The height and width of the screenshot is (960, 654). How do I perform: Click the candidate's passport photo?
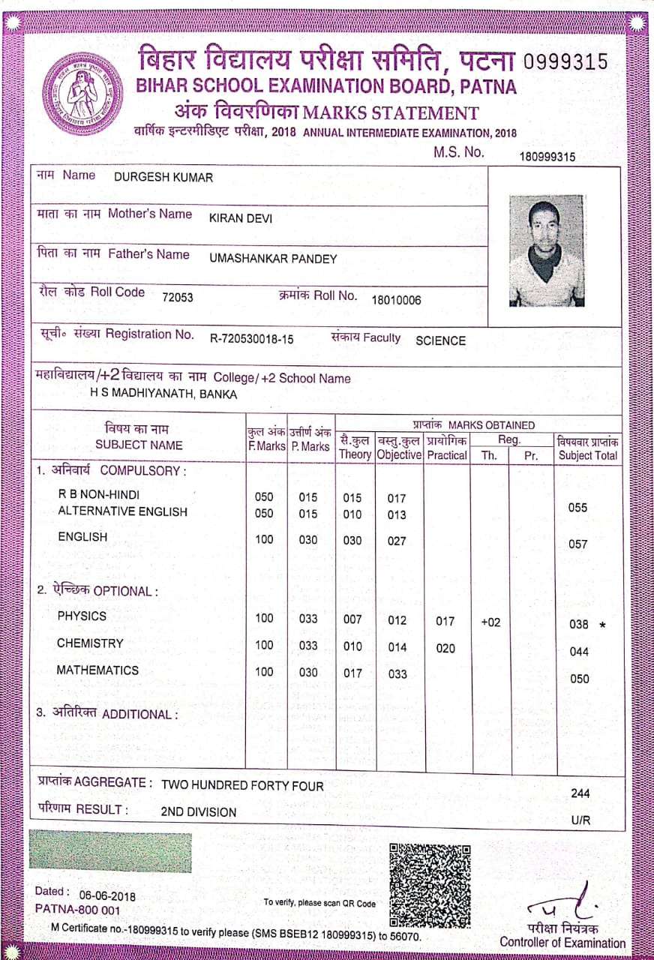pyautogui.click(x=546, y=250)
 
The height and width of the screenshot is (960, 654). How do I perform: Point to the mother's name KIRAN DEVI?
pyautogui.click(x=241, y=218)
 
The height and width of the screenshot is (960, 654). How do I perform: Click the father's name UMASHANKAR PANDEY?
pyautogui.click(x=273, y=259)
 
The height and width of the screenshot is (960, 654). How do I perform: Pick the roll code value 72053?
pyautogui.click(x=178, y=297)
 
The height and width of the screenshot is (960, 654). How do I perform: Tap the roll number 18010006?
pyautogui.click(x=396, y=300)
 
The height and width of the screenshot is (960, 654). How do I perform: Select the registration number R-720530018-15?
pyautogui.click(x=251, y=339)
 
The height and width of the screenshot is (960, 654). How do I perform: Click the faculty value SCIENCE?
pyautogui.click(x=440, y=340)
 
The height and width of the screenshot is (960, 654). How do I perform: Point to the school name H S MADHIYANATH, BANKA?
pyautogui.click(x=163, y=394)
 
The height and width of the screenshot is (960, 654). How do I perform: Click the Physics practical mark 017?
pyautogui.click(x=445, y=621)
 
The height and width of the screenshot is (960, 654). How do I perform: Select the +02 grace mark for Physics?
pyautogui.click(x=490, y=622)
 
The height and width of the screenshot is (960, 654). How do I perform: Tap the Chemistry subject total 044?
pyautogui.click(x=579, y=652)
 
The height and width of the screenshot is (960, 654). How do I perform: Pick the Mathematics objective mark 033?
pyautogui.click(x=397, y=673)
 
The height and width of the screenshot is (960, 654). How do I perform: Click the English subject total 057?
pyautogui.click(x=578, y=544)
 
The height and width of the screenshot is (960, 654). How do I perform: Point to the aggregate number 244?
pyautogui.click(x=580, y=793)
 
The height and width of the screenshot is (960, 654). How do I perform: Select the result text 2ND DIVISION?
pyautogui.click(x=199, y=811)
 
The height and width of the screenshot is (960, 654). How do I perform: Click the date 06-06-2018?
pyautogui.click(x=107, y=895)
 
